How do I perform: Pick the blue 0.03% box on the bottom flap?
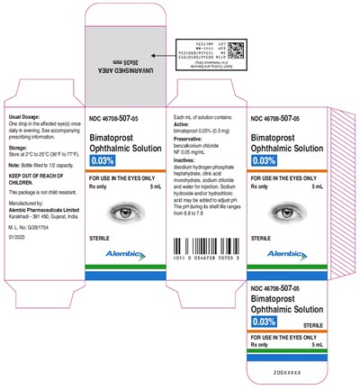pos(264,321)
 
